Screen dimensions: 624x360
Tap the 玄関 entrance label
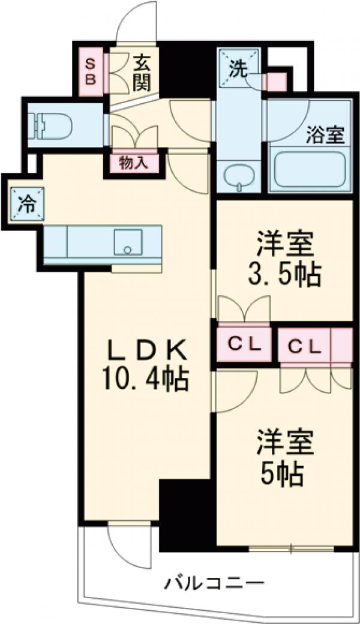(x=142, y=72)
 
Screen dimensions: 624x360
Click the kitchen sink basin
(x=127, y=241)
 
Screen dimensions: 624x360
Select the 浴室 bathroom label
(x=326, y=136)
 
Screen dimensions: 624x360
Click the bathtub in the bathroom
(x=308, y=170)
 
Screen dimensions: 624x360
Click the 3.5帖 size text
(x=284, y=274)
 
